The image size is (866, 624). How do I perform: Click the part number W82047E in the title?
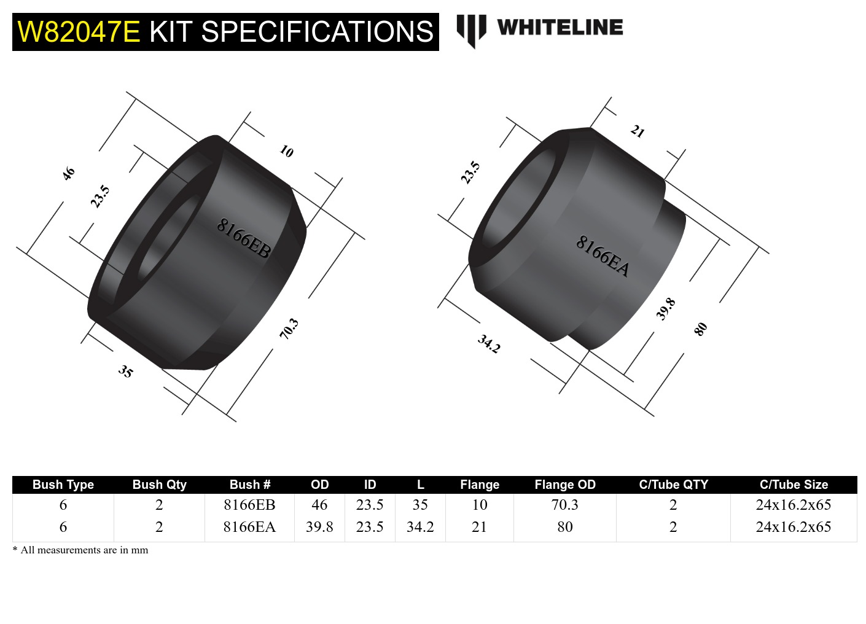tap(79, 32)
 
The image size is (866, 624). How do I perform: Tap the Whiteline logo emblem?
tap(471, 29)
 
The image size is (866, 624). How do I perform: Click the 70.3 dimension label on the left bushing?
tap(289, 329)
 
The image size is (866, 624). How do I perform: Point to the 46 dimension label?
tap(68, 173)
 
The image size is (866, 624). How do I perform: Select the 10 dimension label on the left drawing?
tap(286, 151)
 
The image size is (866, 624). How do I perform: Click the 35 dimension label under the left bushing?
tap(125, 371)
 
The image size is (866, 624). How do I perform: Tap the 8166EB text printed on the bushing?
tap(243, 238)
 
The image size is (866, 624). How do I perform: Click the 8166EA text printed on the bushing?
tap(603, 256)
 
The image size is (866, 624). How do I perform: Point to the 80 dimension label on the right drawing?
tap(700, 329)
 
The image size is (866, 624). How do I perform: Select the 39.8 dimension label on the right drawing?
tap(665, 309)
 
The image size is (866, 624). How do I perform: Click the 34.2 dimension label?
tap(489, 344)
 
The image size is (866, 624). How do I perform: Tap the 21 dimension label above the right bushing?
tap(638, 131)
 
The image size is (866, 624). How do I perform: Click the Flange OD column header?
tap(564, 485)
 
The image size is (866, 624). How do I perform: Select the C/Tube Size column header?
tap(793, 485)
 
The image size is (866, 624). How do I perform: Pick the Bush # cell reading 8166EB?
tap(249, 505)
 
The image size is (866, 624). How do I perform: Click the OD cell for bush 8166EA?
tap(319, 527)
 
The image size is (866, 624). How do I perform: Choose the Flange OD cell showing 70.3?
tap(564, 505)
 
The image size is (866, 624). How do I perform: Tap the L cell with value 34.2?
tap(420, 527)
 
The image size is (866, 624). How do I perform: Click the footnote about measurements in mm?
tap(80, 550)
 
